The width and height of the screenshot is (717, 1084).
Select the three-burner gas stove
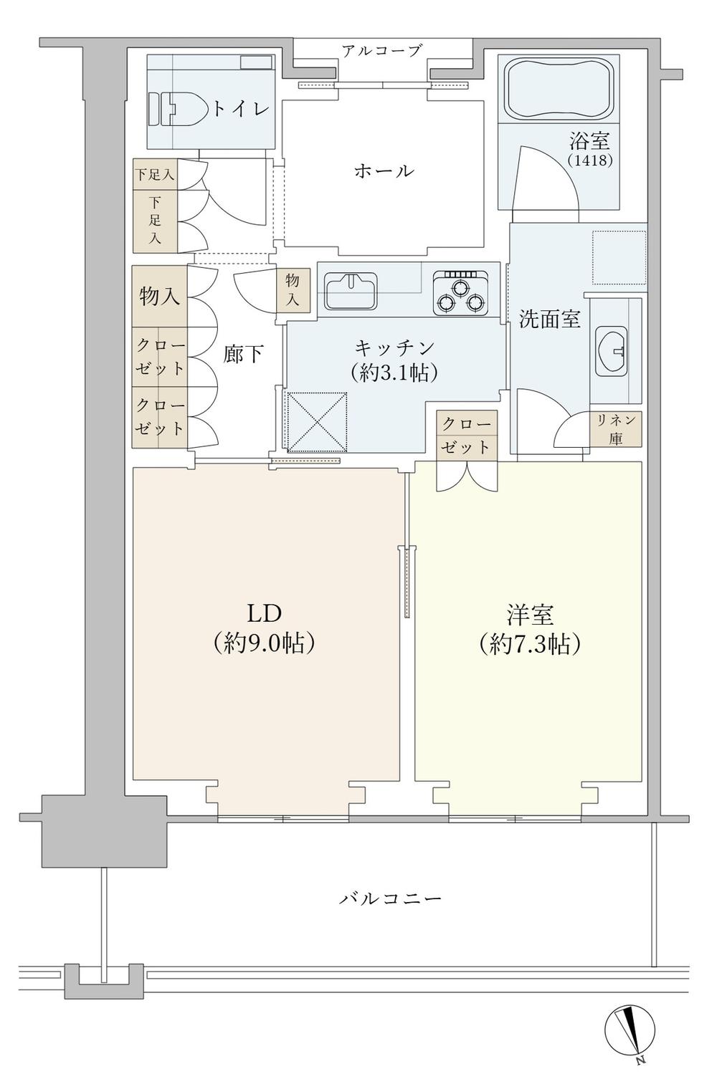(460, 293)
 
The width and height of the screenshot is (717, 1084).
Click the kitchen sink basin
(351, 291)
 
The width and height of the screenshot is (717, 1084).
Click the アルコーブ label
(382, 50)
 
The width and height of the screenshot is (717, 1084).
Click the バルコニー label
(390, 898)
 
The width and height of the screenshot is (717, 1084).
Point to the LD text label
(265, 613)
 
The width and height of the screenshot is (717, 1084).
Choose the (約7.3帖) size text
(530, 644)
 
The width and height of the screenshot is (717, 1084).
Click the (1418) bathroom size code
(590, 160)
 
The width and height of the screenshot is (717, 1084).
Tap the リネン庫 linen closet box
(616, 429)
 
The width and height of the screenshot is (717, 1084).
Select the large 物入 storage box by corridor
(159, 296)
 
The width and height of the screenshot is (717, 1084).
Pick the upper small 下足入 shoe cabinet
(156, 174)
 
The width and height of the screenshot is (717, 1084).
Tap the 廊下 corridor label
(243, 354)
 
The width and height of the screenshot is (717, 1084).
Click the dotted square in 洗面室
(619, 257)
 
